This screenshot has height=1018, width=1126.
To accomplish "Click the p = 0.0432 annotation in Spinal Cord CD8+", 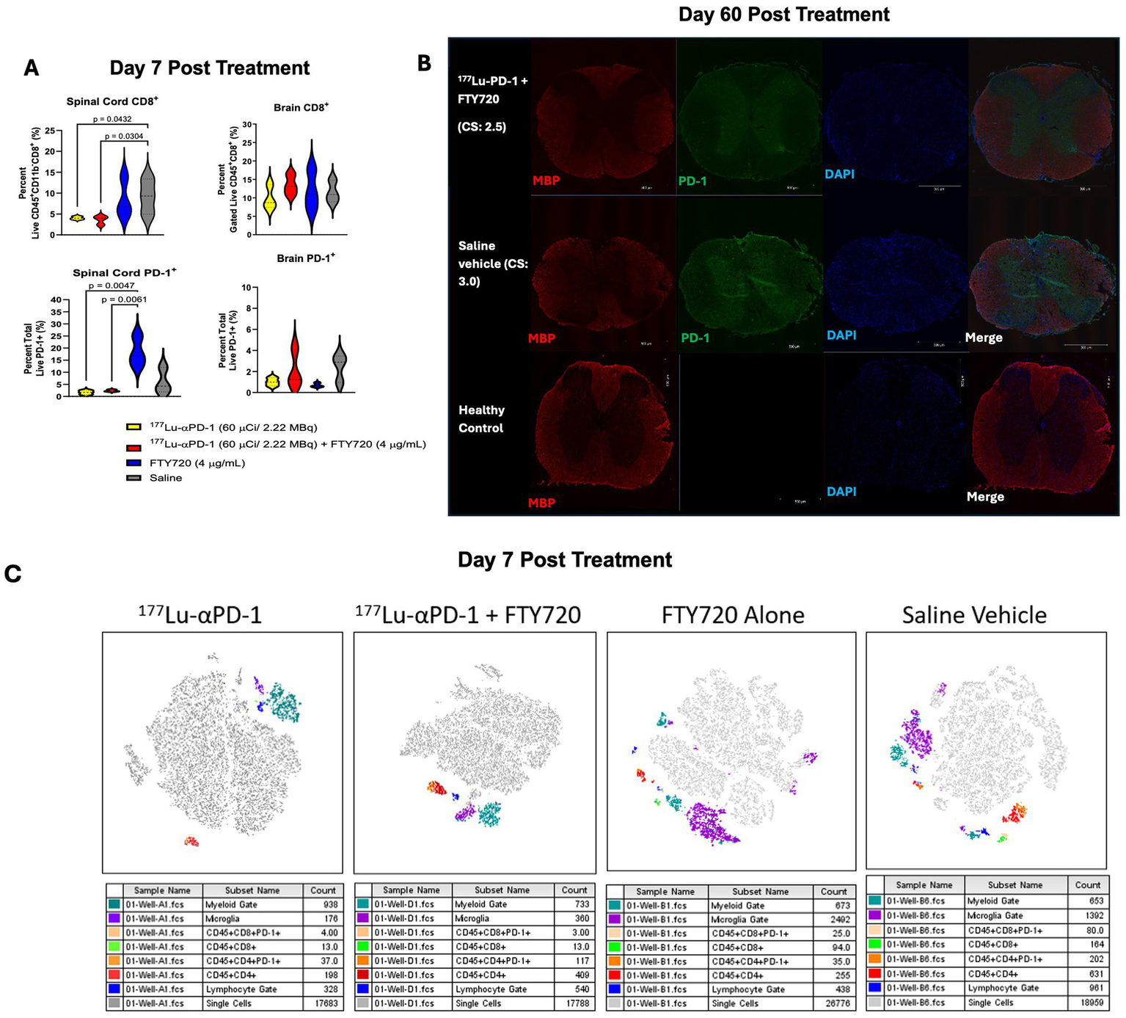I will [x=112, y=119].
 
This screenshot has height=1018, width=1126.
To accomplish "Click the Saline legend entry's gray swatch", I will [x=134, y=478].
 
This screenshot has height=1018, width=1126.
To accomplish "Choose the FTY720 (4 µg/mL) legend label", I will [x=197, y=463].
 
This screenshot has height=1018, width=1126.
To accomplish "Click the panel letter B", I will [x=424, y=63].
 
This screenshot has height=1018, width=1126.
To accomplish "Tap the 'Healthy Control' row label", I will [x=481, y=419].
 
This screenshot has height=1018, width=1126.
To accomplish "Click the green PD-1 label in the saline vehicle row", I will [x=695, y=338].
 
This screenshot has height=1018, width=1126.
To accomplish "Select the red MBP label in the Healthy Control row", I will [x=541, y=503].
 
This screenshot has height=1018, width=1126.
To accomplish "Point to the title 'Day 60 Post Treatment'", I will [x=783, y=15].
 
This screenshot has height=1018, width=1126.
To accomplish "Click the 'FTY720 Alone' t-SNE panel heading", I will [x=732, y=615].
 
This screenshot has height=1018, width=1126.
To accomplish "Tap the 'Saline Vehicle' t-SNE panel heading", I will [x=974, y=615].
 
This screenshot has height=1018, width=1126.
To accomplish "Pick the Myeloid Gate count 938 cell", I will [x=330, y=905].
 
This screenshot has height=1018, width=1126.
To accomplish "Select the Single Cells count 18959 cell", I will [x=1087, y=1003].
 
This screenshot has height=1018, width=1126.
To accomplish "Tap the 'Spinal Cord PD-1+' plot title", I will [x=124, y=272].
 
